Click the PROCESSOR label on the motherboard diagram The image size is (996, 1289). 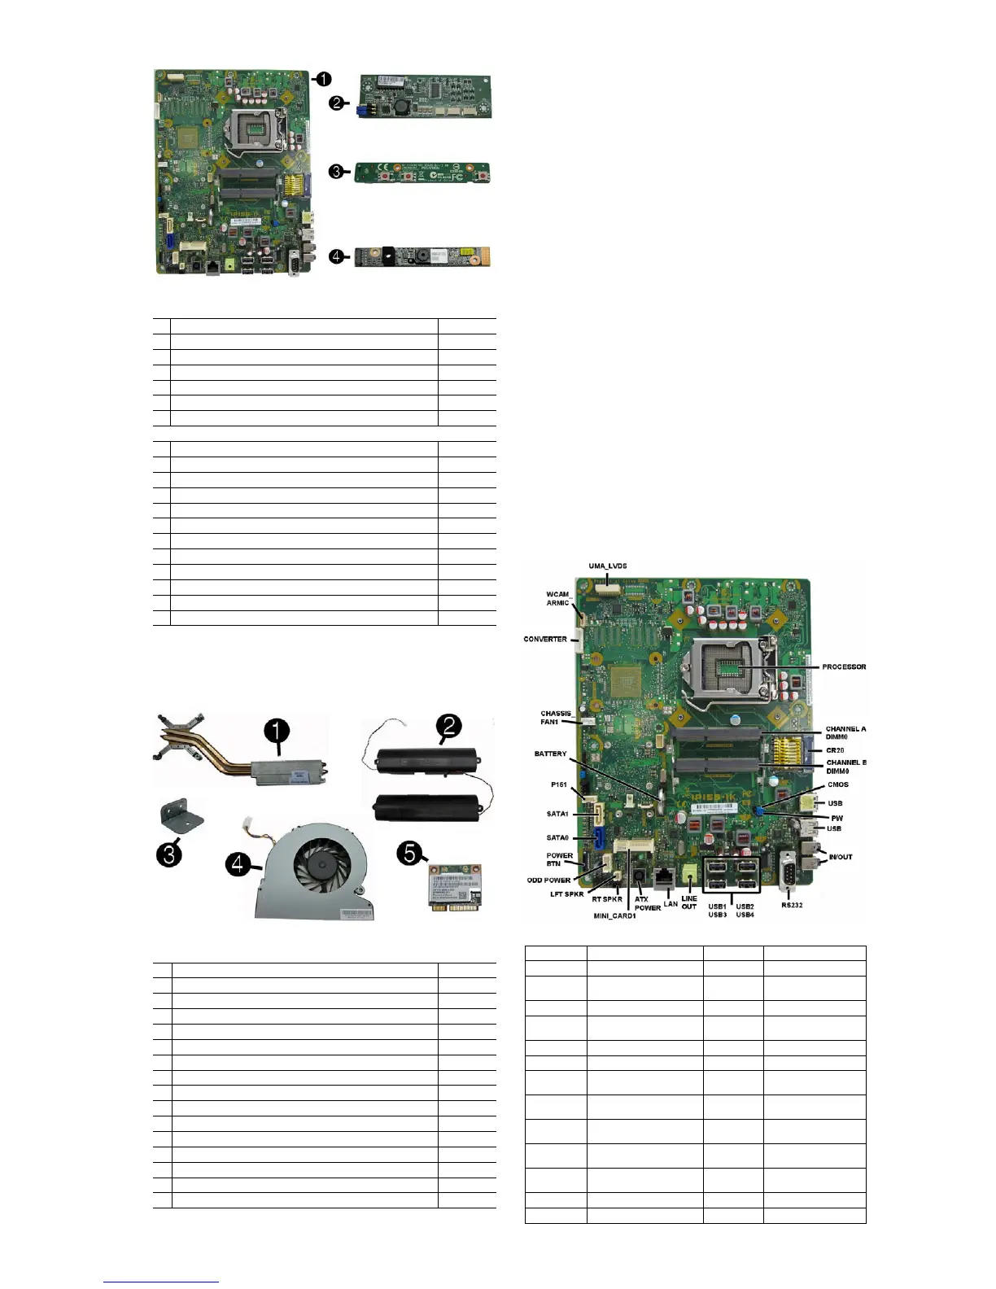pyautogui.click(x=844, y=667)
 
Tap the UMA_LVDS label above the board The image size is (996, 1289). pyautogui.click(x=608, y=566)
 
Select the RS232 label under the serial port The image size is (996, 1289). pyautogui.click(x=792, y=905)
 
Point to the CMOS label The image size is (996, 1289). pyautogui.click(x=837, y=784)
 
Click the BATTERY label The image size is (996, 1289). pyautogui.click(x=550, y=754)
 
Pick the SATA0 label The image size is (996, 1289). pyautogui.click(x=557, y=837)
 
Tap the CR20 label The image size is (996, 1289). pyautogui.click(x=835, y=750)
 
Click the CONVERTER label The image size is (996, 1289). pyautogui.click(x=545, y=640)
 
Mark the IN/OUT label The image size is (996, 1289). pyautogui.click(x=841, y=857)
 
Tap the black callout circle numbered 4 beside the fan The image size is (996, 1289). pyautogui.click(x=238, y=863)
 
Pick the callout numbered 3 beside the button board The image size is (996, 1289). pyautogui.click(x=334, y=172)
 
